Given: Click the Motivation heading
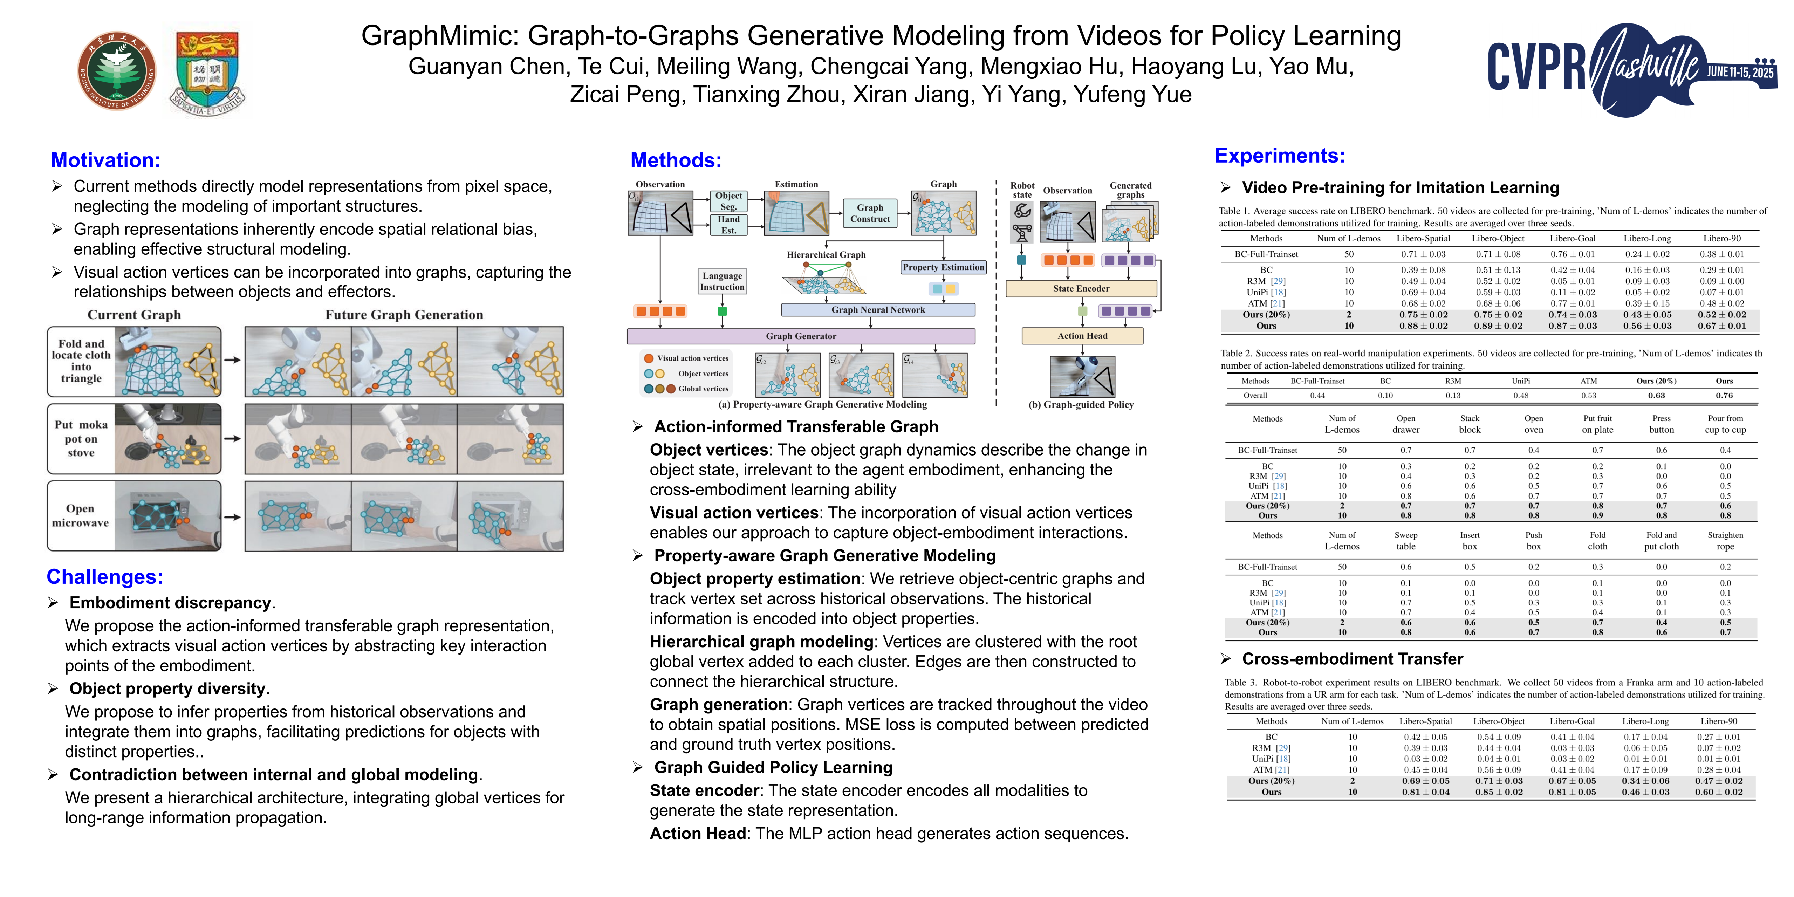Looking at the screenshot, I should point(105,160).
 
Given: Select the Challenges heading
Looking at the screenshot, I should point(104,577).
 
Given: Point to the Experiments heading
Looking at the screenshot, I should point(1279,155).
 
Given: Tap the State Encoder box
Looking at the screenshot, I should point(1081,288).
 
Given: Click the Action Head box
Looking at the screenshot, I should point(1082,336).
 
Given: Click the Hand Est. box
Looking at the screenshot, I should point(728,224).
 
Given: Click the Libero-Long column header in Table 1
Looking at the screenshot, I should point(1647,238).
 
